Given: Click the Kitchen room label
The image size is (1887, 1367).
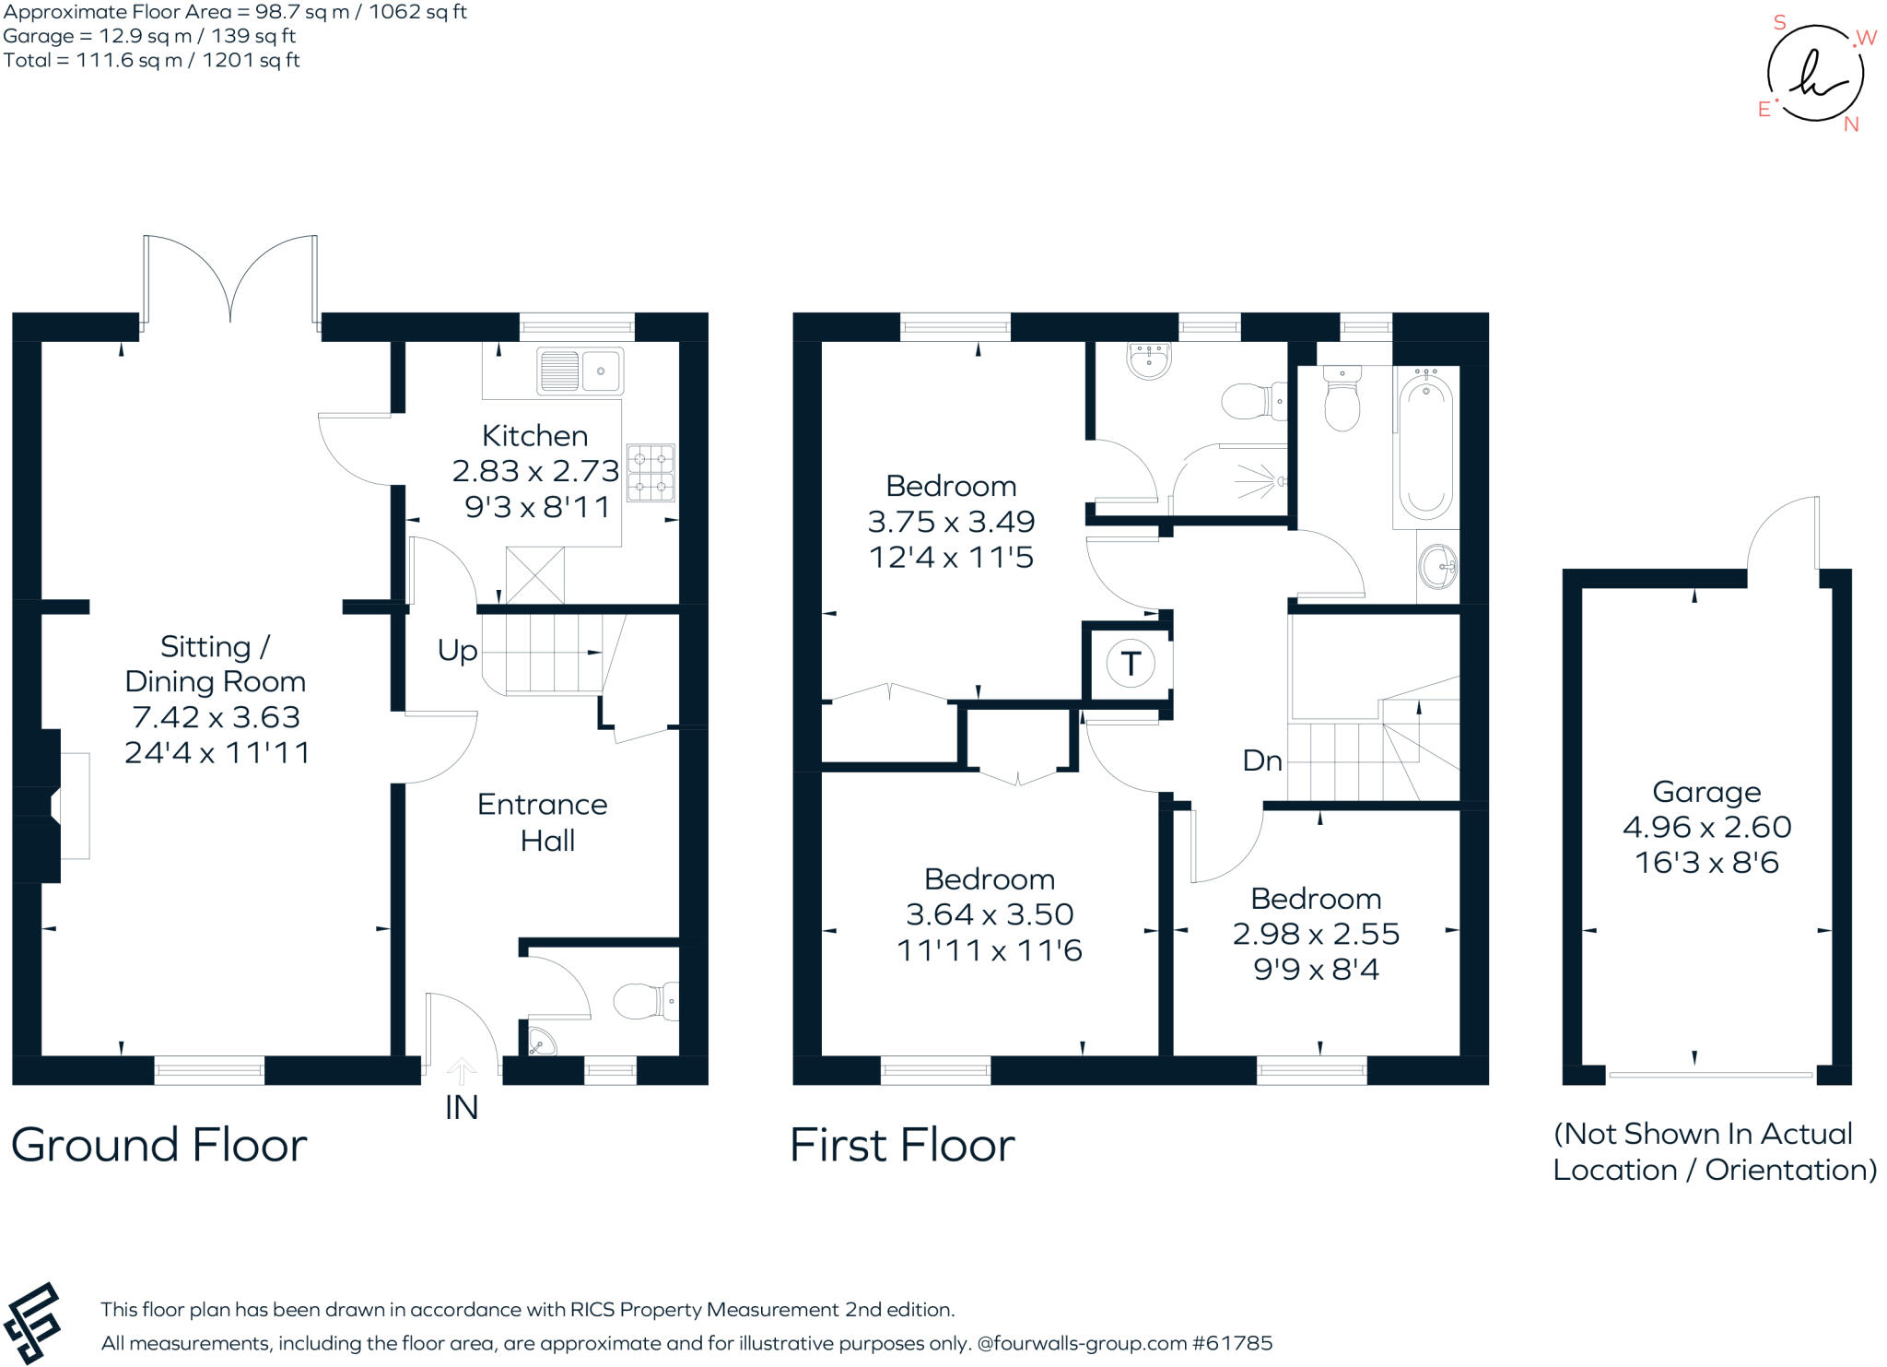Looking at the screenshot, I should (x=534, y=435).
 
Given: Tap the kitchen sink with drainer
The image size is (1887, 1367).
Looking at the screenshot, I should (x=580, y=371).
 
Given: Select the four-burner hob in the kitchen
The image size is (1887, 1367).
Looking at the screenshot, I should (x=650, y=472).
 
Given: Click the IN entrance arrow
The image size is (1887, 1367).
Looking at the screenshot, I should (x=462, y=1072).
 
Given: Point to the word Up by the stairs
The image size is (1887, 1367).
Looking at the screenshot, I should (x=457, y=651).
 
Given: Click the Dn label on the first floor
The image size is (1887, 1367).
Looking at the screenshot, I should (x=1261, y=760).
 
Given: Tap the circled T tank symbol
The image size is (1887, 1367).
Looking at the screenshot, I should (x=1131, y=663).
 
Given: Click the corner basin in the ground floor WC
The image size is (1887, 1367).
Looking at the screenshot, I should (x=541, y=1041).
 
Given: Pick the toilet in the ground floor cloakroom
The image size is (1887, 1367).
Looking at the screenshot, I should (x=644, y=1001).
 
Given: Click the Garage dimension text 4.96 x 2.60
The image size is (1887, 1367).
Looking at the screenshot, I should (x=1706, y=827).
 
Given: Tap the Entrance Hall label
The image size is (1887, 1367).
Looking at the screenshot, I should (x=543, y=822).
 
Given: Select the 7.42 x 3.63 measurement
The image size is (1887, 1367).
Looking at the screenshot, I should (x=216, y=717).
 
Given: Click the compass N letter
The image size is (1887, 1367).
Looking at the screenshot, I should (x=1851, y=124).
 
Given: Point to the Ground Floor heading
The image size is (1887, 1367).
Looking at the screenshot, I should (x=158, y=1145).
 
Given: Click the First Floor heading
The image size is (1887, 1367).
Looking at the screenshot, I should (x=902, y=1145).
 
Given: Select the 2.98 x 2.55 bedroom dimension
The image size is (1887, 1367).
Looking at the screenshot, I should (x=1316, y=934).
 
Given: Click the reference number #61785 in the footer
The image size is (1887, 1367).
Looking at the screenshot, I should (x=1232, y=1343).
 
